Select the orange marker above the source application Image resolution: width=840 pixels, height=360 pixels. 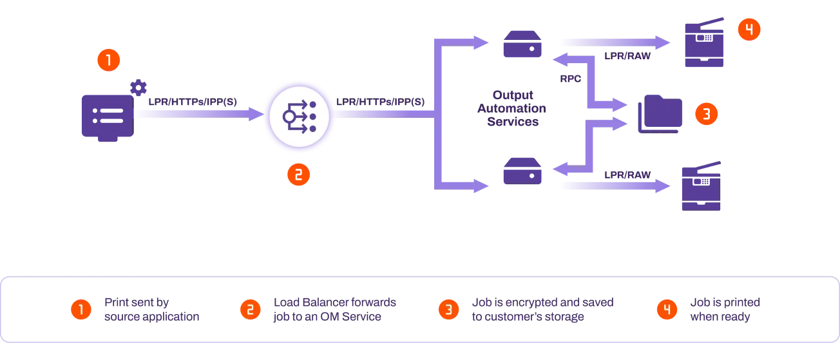coord(108,61)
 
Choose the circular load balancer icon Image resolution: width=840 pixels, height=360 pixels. coord(299,117)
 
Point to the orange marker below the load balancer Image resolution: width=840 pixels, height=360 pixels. coord(298,175)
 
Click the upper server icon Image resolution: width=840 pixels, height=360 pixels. coord(522,46)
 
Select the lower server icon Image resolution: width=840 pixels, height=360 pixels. coord(522,171)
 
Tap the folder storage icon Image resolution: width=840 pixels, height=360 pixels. coord(659,114)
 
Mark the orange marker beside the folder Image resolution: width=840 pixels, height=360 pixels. coord(706,114)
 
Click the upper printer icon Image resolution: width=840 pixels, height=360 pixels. coord(703,44)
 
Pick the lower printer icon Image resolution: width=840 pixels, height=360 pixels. coord(702,186)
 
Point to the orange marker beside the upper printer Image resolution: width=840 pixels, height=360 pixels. coord(749,30)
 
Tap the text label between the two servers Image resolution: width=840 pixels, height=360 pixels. coord(519,109)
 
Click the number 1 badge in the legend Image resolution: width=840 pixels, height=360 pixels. coord(81,310)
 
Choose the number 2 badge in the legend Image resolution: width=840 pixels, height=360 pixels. coord(250,310)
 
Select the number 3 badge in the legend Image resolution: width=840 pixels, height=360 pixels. coord(449,310)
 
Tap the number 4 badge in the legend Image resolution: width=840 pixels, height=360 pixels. coord(667,310)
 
